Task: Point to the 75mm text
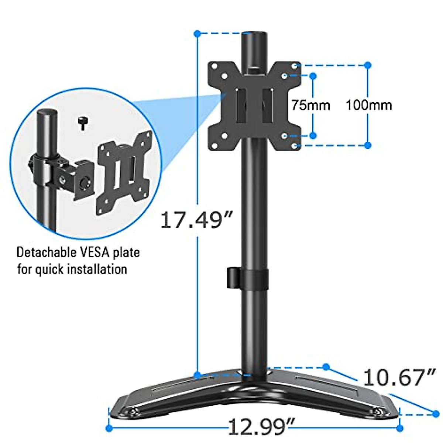[310, 105]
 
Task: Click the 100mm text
[368, 105]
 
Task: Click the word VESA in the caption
[95, 253]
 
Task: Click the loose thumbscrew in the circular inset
[82, 123]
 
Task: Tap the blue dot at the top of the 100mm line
[368, 65]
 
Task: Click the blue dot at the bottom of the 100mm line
[368, 145]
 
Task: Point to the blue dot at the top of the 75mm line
[313, 76]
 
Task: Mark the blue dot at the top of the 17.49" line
[198, 34]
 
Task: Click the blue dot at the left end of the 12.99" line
[109, 428]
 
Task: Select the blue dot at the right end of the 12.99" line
[400, 428]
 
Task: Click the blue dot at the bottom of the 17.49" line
[198, 375]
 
